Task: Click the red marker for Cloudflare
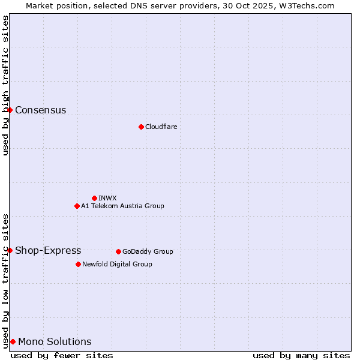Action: click(x=141, y=127)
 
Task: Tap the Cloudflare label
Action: click(x=161, y=127)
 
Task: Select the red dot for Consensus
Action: click(x=10, y=110)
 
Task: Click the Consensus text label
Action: click(x=40, y=110)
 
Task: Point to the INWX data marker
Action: click(x=94, y=198)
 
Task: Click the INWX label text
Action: click(x=107, y=198)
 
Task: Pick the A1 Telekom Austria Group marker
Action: click(x=77, y=206)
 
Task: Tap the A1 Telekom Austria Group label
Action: click(x=122, y=206)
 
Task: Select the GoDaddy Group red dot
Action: click(x=118, y=251)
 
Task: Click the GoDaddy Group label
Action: click(x=148, y=251)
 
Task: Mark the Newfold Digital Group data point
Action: click(x=78, y=264)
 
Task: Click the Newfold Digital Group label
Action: click(x=117, y=264)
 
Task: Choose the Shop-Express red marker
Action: click(x=10, y=250)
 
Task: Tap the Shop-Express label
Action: click(x=48, y=250)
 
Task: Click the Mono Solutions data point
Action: click(x=13, y=341)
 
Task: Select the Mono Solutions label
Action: click(x=55, y=341)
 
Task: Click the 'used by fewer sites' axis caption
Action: click(x=62, y=355)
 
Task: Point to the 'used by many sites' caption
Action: click(x=301, y=355)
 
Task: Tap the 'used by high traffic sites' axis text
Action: click(x=5, y=86)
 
